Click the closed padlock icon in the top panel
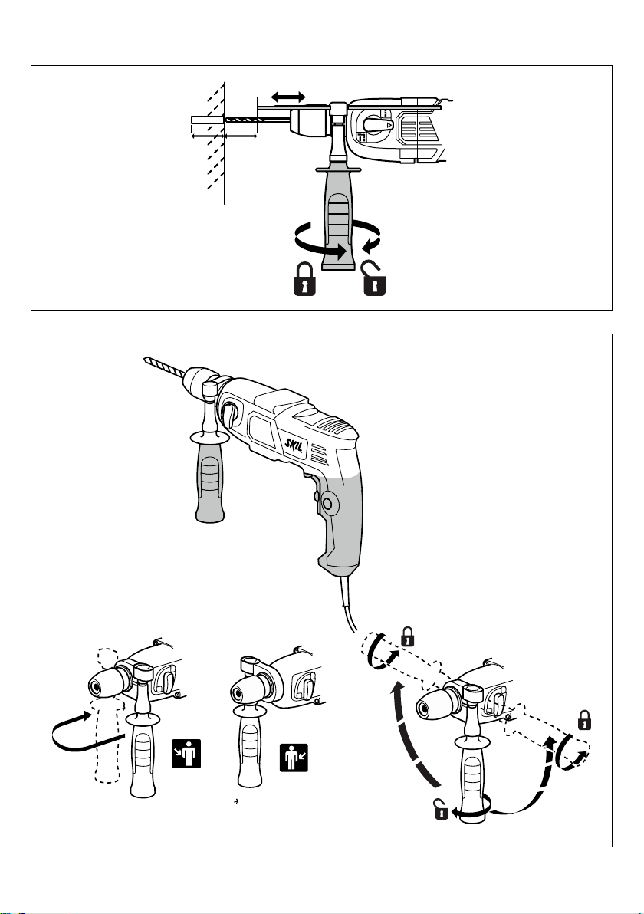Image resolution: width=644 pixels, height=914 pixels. click(x=304, y=279)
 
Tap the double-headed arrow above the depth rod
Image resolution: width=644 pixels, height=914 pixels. click(x=288, y=96)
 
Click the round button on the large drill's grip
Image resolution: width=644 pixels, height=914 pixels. click(x=326, y=502)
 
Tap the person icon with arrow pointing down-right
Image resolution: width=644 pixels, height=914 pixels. click(x=186, y=754)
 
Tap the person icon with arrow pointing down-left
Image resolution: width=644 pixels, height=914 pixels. click(x=294, y=758)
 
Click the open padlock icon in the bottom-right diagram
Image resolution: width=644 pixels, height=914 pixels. click(x=441, y=809)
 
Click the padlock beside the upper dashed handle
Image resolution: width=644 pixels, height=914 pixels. click(x=408, y=636)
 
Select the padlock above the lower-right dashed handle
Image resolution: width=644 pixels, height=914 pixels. click(x=584, y=720)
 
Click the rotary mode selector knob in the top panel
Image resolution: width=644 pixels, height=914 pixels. click(x=376, y=124)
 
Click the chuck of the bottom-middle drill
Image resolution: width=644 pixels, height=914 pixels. click(x=248, y=689)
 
